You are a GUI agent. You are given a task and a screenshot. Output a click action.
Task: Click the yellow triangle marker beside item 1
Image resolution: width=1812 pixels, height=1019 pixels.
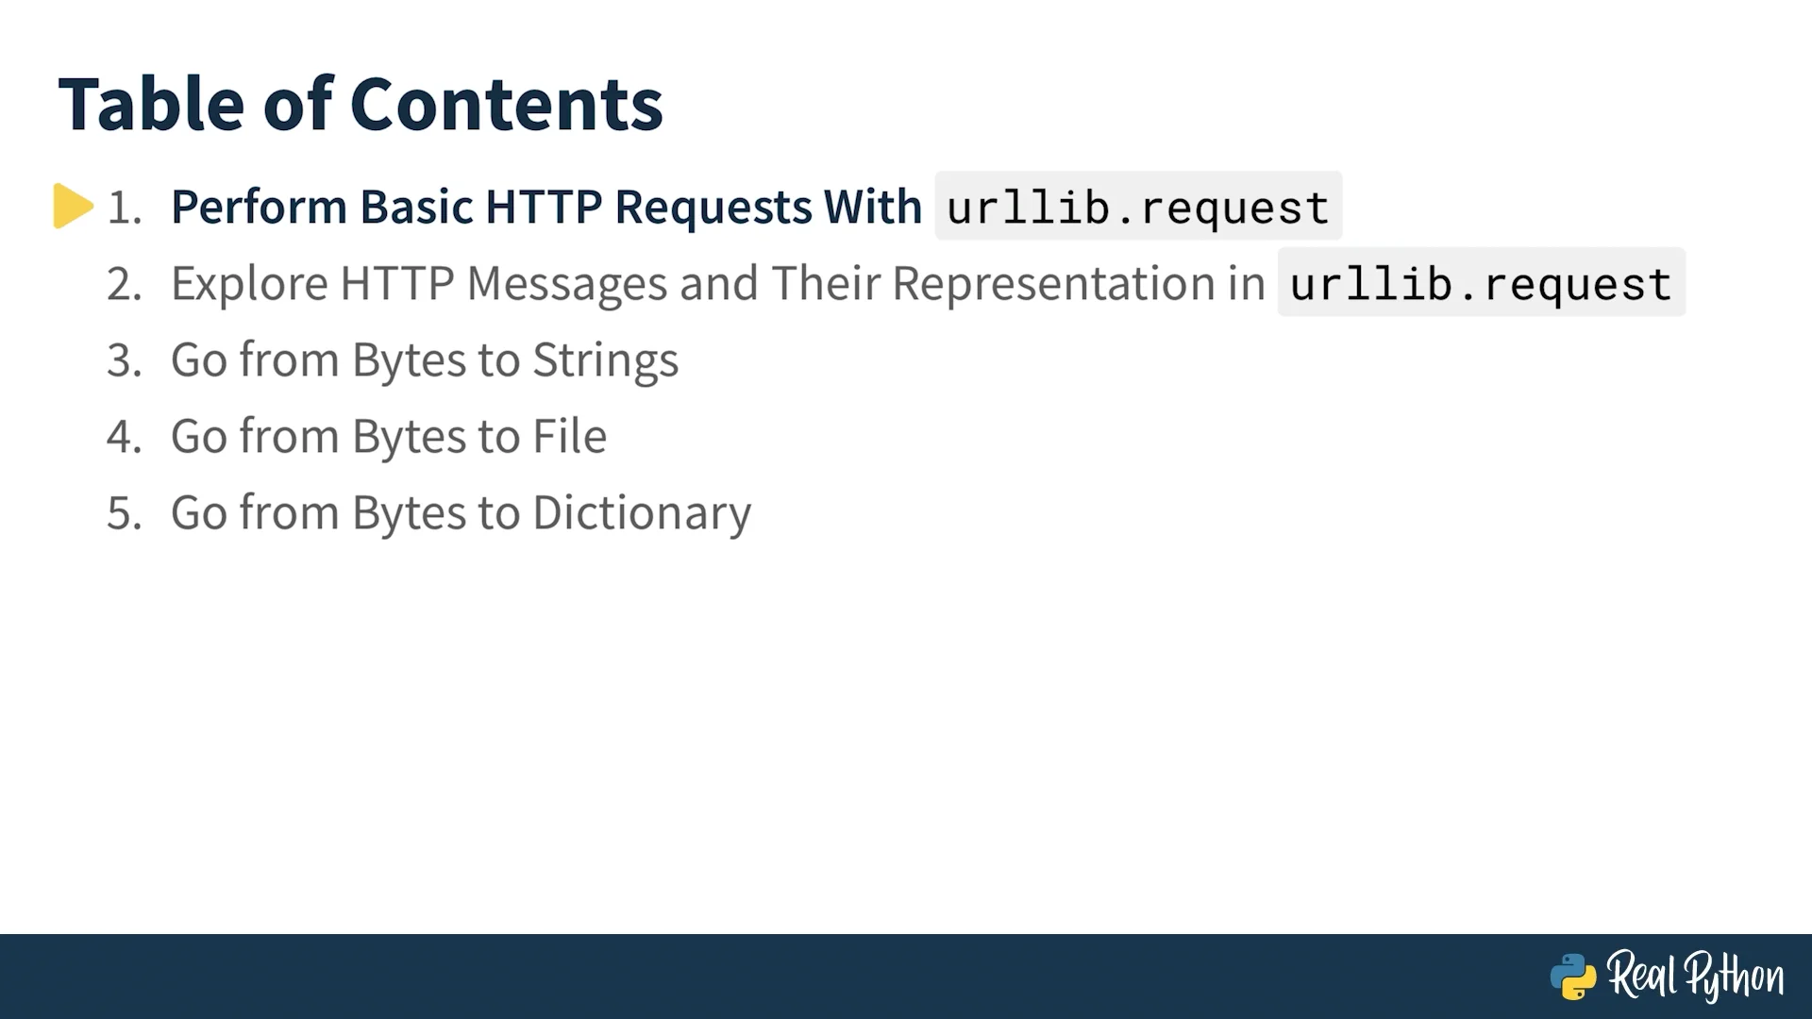coord(73,206)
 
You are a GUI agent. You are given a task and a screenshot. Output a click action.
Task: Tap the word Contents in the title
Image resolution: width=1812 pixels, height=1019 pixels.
coord(507,104)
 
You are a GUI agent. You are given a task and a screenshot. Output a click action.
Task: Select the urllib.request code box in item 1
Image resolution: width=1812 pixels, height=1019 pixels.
coord(1138,206)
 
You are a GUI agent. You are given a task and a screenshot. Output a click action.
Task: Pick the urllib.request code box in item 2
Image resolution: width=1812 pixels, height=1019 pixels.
coord(1481,282)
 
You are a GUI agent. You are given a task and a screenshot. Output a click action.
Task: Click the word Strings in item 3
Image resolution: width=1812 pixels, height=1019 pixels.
coord(606,360)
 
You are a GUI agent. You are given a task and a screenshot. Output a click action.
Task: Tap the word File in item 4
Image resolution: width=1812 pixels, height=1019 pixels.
coord(570,436)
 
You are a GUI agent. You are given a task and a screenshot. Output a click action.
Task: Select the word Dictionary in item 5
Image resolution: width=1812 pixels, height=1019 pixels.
coord(642,513)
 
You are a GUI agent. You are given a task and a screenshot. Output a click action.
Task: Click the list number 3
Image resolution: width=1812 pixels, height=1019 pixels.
coord(124,360)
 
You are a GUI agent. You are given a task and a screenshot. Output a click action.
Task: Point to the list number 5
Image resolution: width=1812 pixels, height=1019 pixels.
coord(124,513)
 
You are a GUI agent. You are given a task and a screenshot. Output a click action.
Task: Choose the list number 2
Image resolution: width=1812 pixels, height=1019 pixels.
coord(124,284)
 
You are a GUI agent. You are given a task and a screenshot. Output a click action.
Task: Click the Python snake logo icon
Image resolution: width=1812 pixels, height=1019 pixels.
coord(1573,977)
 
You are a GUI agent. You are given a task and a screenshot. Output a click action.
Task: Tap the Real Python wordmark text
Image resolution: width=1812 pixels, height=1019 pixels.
coord(1696,976)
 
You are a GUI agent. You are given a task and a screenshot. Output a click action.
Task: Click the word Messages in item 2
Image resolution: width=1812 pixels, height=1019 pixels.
coord(567,284)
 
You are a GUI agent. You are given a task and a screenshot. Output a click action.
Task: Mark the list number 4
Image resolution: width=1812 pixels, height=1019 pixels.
coord(124,437)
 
